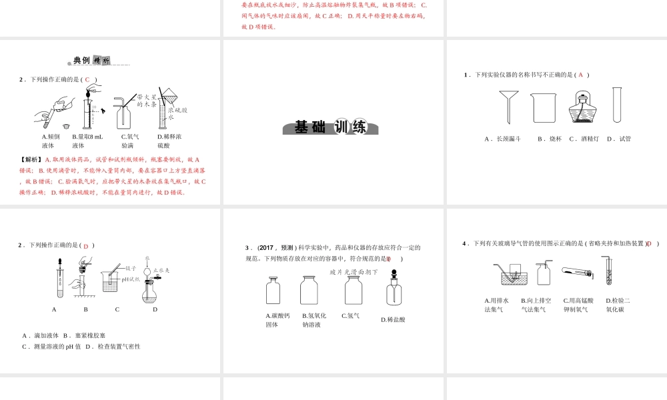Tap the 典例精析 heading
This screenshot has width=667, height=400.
pos(91,61)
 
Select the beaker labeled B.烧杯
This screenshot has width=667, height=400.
pos(543,107)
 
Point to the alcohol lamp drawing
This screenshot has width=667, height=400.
pos(582,107)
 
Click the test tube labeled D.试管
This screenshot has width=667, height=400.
pos(617,105)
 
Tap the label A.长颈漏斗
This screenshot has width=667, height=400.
pos(502,139)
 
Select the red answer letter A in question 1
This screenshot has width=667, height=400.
pos(580,75)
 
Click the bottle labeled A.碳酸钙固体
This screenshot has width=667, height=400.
pos(273,291)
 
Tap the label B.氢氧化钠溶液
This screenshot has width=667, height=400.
pos(313,320)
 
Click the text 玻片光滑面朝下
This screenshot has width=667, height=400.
pos(354,272)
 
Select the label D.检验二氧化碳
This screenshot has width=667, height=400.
pos(618,305)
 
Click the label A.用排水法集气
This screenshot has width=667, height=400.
pos(496,305)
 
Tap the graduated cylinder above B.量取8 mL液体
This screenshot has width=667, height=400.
pos(87,110)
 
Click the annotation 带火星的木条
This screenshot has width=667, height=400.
pos(147,101)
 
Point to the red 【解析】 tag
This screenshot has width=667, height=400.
pos(31,160)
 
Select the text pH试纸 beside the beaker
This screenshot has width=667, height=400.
pos(131,279)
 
